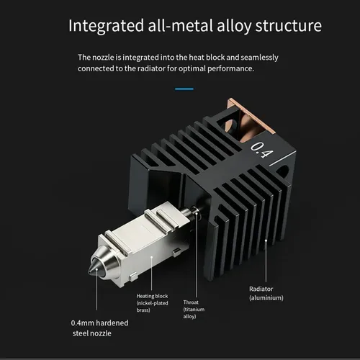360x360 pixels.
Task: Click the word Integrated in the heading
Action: [x=106, y=26]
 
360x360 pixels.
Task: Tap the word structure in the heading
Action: [x=288, y=25]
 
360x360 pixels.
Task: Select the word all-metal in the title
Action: [x=180, y=25]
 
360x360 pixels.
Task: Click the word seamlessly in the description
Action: [x=259, y=58]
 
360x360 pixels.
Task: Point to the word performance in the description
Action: [x=230, y=69]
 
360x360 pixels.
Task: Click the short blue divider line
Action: [x=184, y=89]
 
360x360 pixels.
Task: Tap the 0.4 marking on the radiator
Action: [x=261, y=150]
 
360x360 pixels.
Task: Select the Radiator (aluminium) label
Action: [x=266, y=293]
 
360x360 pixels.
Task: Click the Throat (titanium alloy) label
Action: [x=194, y=310]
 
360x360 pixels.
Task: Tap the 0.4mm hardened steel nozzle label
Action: [x=99, y=328]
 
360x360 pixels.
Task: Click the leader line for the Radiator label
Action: [x=266, y=261]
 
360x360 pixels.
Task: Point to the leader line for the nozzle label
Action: [x=96, y=289]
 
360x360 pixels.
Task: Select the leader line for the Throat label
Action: [x=197, y=255]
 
